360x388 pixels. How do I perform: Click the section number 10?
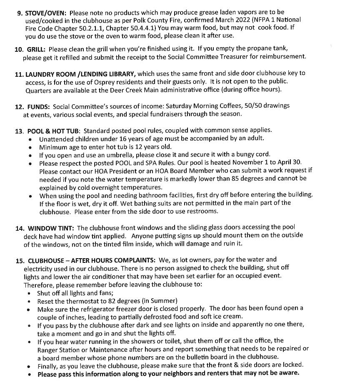19,49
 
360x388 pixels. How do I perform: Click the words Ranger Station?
58,349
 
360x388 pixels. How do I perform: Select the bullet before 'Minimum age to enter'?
30,147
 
